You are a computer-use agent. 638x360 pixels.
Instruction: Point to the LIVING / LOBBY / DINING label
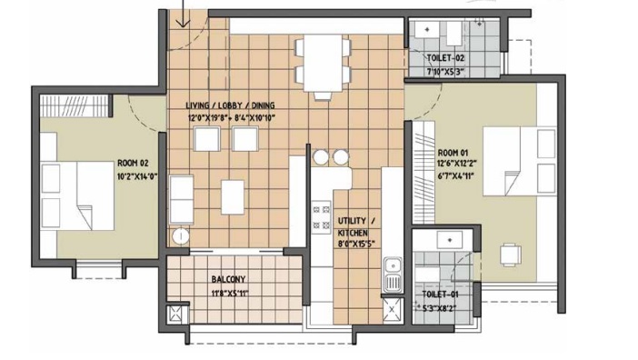(x=230, y=105)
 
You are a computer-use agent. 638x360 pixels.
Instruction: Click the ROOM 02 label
(x=132, y=164)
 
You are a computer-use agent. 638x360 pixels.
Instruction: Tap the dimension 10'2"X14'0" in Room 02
(x=135, y=176)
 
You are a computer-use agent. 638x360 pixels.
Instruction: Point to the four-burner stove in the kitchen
(x=322, y=216)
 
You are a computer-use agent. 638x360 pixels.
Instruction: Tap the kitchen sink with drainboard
(x=392, y=275)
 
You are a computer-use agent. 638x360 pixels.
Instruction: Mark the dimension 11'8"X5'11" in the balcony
(x=229, y=293)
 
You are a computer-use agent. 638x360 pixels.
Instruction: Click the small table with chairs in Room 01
(x=512, y=254)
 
